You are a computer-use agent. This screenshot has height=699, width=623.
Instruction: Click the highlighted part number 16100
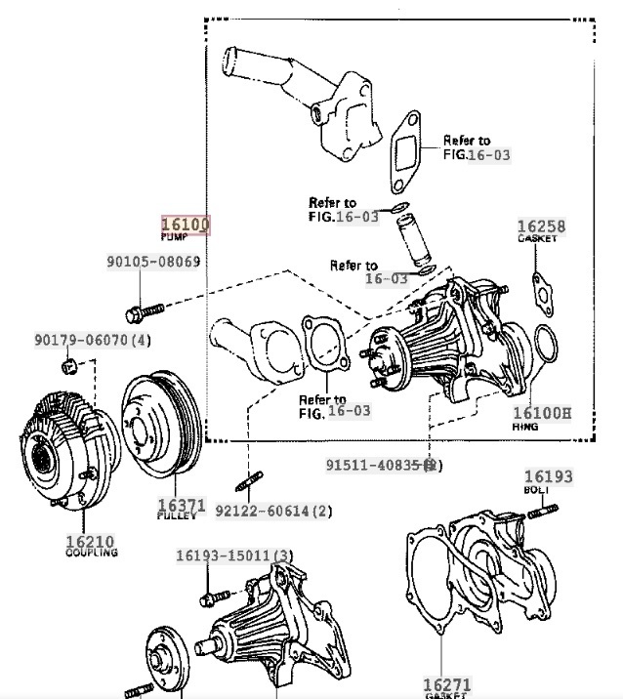click(x=186, y=226)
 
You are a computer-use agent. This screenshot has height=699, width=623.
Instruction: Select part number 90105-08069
click(x=153, y=262)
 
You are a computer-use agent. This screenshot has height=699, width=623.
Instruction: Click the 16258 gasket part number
click(x=541, y=227)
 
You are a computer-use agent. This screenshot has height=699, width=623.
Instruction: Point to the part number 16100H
click(x=542, y=413)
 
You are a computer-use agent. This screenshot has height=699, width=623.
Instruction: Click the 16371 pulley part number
click(x=182, y=506)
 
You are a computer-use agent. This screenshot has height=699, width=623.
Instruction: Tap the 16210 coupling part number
click(x=90, y=541)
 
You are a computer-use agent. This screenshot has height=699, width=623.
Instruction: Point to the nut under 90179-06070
click(x=69, y=367)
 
